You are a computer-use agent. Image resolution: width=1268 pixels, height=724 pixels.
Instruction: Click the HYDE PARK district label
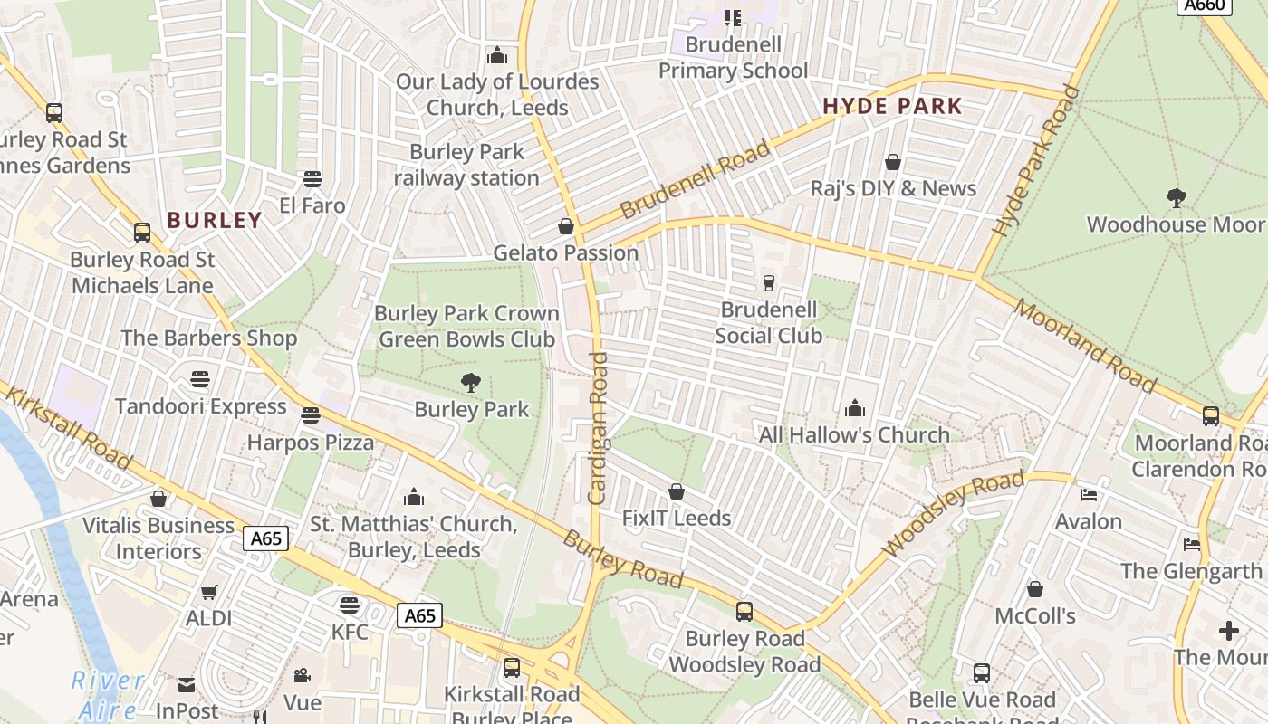tap(892, 107)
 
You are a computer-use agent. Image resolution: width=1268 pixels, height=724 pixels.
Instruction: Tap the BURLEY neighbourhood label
tap(215, 220)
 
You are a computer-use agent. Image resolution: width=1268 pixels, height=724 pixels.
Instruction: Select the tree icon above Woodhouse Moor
tap(1176, 197)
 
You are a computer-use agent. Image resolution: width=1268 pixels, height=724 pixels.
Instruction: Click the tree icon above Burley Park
tap(471, 383)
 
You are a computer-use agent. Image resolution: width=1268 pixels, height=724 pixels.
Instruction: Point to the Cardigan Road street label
tap(598, 428)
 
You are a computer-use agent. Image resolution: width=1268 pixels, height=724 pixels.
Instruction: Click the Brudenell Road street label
tap(695, 179)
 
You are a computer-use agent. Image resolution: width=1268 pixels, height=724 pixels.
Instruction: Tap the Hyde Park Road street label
tap(1037, 161)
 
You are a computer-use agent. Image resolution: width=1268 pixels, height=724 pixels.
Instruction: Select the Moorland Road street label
tap(1085, 346)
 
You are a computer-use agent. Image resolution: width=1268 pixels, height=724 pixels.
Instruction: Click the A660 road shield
tap(1205, 5)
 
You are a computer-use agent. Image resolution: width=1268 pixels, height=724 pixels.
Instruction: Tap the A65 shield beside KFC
tap(419, 616)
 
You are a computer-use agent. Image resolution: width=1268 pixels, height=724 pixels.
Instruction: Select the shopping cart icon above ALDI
tap(209, 592)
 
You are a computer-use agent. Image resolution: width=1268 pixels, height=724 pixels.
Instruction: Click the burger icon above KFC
tap(350, 605)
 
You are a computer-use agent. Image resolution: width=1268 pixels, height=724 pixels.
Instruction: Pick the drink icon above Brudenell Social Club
tap(769, 283)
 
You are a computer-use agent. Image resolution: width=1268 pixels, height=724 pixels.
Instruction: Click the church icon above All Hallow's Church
tap(854, 408)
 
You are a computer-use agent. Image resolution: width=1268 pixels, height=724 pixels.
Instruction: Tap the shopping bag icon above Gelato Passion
tap(566, 225)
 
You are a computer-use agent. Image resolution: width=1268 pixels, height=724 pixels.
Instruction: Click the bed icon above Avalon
tap(1089, 495)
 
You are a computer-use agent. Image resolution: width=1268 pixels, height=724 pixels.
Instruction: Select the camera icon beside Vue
tap(302, 676)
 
